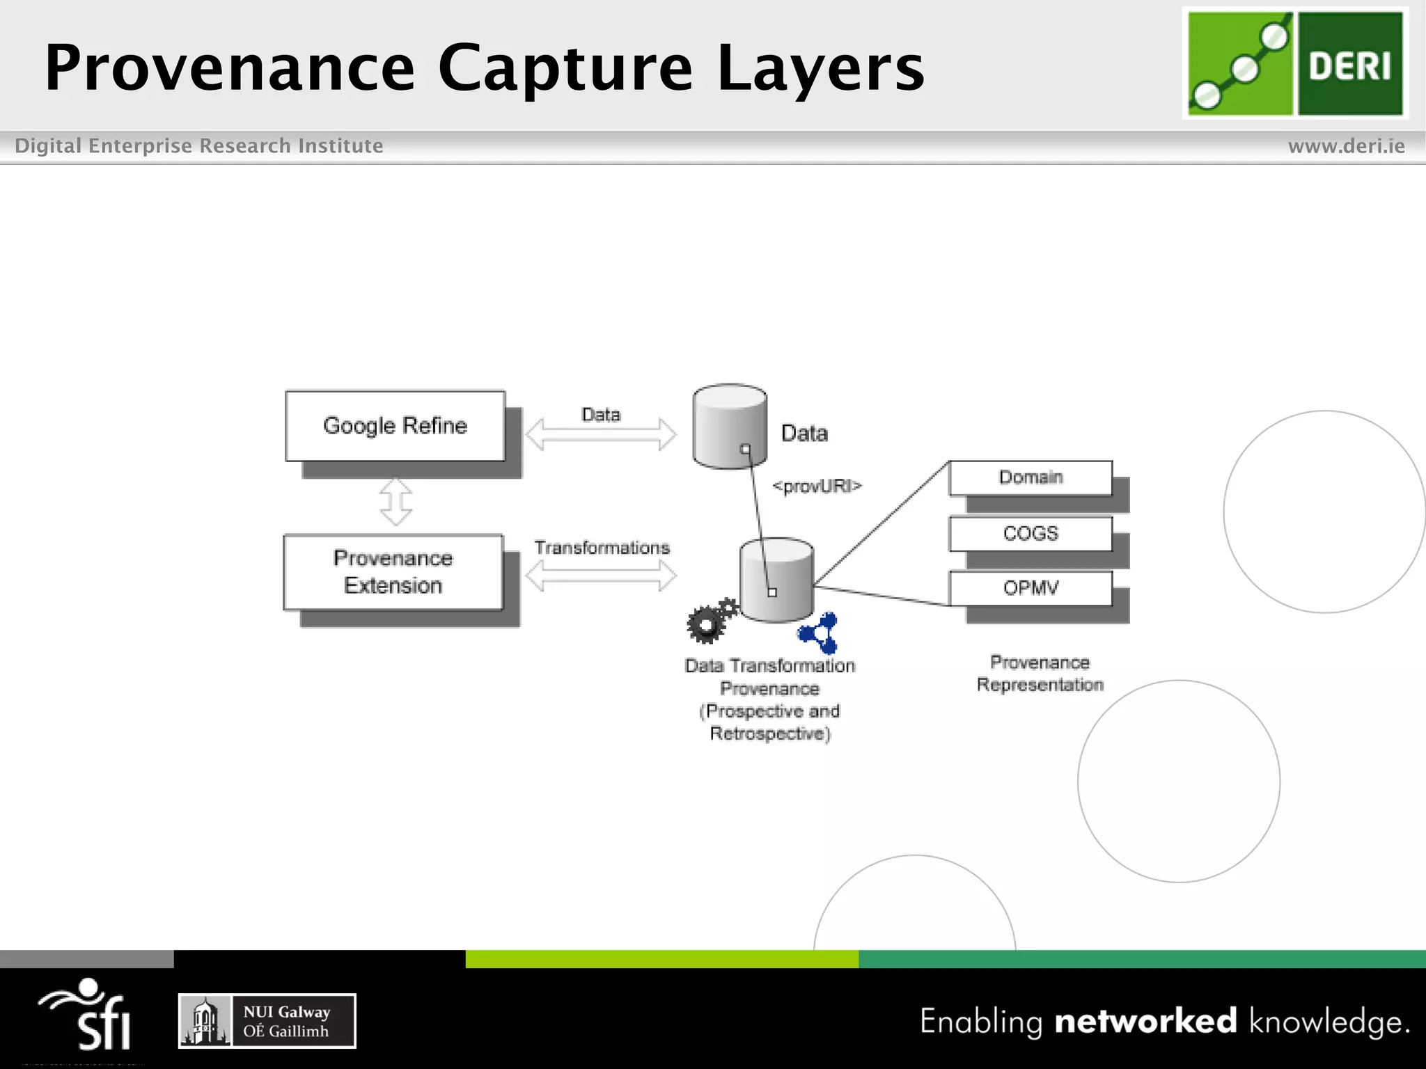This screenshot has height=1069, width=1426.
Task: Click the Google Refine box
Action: click(395, 426)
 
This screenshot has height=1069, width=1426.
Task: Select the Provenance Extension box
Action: click(393, 572)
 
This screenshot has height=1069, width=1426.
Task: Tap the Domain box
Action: click(1031, 477)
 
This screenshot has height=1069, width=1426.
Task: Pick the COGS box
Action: click(1031, 534)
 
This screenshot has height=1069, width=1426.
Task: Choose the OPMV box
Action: click(1031, 588)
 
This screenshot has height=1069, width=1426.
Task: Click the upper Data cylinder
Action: click(729, 426)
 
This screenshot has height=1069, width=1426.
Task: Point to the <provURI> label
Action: click(817, 486)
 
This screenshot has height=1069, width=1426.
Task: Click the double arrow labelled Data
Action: click(600, 435)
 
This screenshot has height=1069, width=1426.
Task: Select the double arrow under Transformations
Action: click(600, 576)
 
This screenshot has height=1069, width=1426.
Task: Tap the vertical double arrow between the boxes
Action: click(395, 501)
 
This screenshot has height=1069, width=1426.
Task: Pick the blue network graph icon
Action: click(820, 633)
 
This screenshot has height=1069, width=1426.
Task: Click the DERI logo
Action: click(1294, 63)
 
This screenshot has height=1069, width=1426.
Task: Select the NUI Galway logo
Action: click(267, 1021)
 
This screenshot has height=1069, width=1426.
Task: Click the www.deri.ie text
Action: click(1346, 146)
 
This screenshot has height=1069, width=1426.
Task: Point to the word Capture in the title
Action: click(565, 68)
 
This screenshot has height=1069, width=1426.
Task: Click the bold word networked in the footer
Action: click(1145, 1021)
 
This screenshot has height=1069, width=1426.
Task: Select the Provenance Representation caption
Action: click(1040, 673)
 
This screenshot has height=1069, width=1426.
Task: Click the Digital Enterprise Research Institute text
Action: click(199, 146)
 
